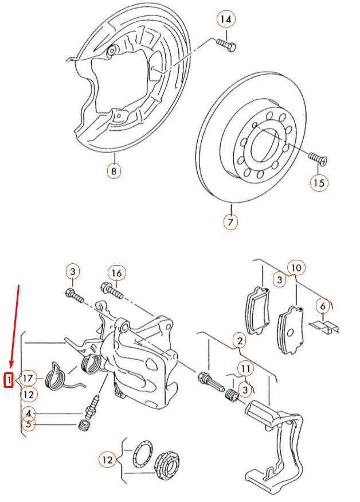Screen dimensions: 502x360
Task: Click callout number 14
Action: pyautogui.click(x=226, y=20)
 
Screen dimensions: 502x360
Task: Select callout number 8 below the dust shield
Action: pyautogui.click(x=114, y=170)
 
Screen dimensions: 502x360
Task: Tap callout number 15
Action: pyautogui.click(x=319, y=183)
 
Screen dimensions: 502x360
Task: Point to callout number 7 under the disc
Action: pyautogui.click(x=230, y=221)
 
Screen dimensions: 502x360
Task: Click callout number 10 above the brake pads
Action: pyautogui.click(x=296, y=267)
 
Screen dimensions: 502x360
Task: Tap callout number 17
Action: pyautogui.click(x=29, y=378)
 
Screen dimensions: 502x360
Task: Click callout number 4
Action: pyautogui.click(x=29, y=412)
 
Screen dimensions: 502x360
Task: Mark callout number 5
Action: pyautogui.click(x=29, y=425)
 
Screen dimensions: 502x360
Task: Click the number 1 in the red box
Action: pyautogui.click(x=9, y=379)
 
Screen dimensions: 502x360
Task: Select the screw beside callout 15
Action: pyautogui.click(x=316, y=157)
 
